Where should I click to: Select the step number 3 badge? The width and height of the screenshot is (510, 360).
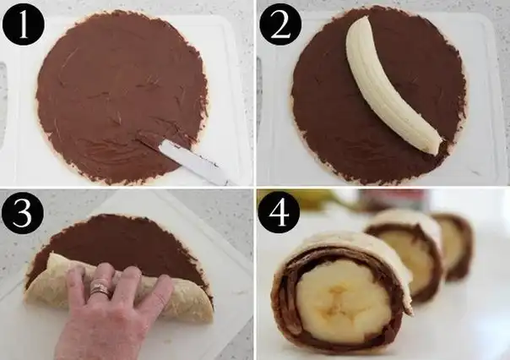coord(23,212)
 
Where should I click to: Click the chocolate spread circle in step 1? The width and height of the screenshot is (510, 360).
coord(121,96)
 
